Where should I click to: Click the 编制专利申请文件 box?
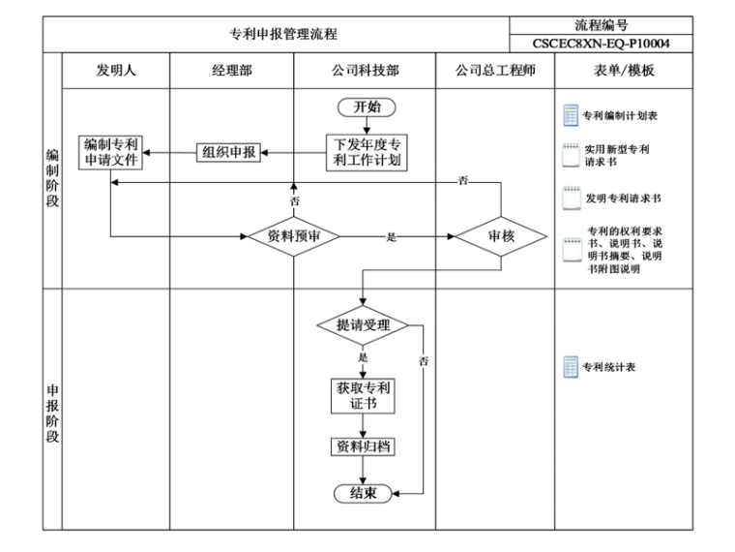pyautogui.click(x=110, y=152)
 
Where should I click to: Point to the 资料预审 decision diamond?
pyautogui.click(x=294, y=235)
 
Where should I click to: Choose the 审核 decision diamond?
pyautogui.click(x=501, y=235)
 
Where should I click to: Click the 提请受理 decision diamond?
pyautogui.click(x=364, y=325)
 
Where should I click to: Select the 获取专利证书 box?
pyautogui.click(x=364, y=395)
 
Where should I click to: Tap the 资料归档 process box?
pyautogui.click(x=364, y=446)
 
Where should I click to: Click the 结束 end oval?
pyautogui.click(x=364, y=493)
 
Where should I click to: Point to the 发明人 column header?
pyautogui.click(x=116, y=71)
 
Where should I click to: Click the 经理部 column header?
pyautogui.click(x=232, y=71)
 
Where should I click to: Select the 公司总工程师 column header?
pyautogui.click(x=496, y=71)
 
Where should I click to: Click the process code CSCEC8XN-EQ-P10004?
pyautogui.click(x=601, y=44)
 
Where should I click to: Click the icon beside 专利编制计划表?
pyautogui.click(x=571, y=115)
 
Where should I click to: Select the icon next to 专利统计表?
pyautogui.click(x=571, y=367)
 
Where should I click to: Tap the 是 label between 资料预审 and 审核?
pyautogui.click(x=392, y=236)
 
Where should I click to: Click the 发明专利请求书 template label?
pyautogui.click(x=623, y=198)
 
